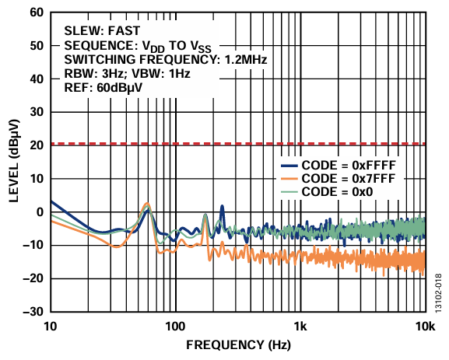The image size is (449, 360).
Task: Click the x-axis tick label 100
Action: pos(175,324)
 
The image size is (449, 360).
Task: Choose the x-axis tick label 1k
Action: pos(300,324)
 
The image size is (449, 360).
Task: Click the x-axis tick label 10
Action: pos(51,324)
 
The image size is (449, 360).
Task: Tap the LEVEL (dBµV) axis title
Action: pos(14,163)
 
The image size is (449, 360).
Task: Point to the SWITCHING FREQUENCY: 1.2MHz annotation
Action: pos(144,59)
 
